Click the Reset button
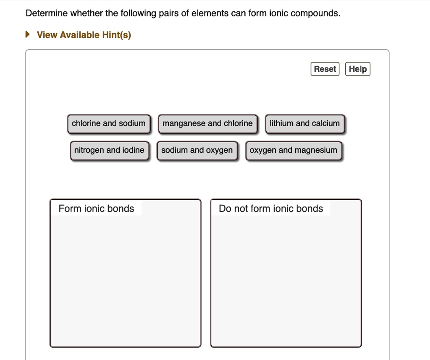pos(325,69)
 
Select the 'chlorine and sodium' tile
pos(109,124)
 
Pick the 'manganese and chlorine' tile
pos(207,124)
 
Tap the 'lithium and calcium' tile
pos(305,124)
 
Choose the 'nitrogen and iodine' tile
pos(109,151)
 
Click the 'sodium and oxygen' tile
pos(197,151)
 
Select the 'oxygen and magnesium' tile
pos(294,151)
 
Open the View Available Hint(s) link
pos(84,35)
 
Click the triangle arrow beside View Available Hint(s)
pos(28,35)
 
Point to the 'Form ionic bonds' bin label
pos(96,209)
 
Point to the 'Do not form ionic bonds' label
pos(271,209)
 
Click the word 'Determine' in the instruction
pos(47,13)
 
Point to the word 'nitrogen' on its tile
pos(89,151)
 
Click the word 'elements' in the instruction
pos(208,13)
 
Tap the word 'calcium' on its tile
pos(326,124)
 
